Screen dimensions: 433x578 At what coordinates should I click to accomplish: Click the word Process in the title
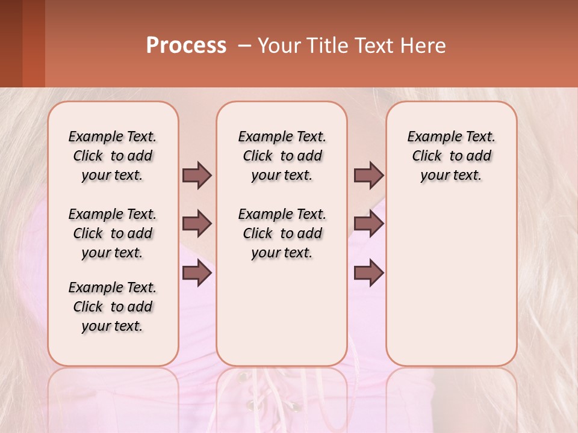[x=186, y=46]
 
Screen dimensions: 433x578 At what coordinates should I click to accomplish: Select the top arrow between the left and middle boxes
[x=197, y=175]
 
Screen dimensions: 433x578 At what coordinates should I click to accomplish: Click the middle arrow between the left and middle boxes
[x=197, y=224]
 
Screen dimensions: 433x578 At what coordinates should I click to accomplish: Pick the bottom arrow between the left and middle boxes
[x=197, y=273]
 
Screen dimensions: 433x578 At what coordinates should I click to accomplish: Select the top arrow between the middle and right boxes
[x=368, y=175]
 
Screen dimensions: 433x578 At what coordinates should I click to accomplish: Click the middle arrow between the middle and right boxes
[x=368, y=224]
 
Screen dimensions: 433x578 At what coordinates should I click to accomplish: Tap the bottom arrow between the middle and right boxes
[x=368, y=273]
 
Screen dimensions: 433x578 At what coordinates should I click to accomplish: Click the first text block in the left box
[x=113, y=156]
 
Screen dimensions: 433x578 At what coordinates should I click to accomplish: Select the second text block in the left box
[x=113, y=233]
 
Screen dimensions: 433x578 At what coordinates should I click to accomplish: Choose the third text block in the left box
[x=113, y=307]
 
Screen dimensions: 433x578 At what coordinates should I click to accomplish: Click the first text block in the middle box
[x=282, y=156]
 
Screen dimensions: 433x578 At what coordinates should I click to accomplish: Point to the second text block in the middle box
[x=282, y=233]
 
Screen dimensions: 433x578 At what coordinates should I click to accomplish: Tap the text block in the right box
[x=451, y=156]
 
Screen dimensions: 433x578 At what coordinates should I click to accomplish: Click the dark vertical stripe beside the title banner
[x=33, y=43]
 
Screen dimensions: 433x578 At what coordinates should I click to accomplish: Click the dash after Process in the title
[x=244, y=46]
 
